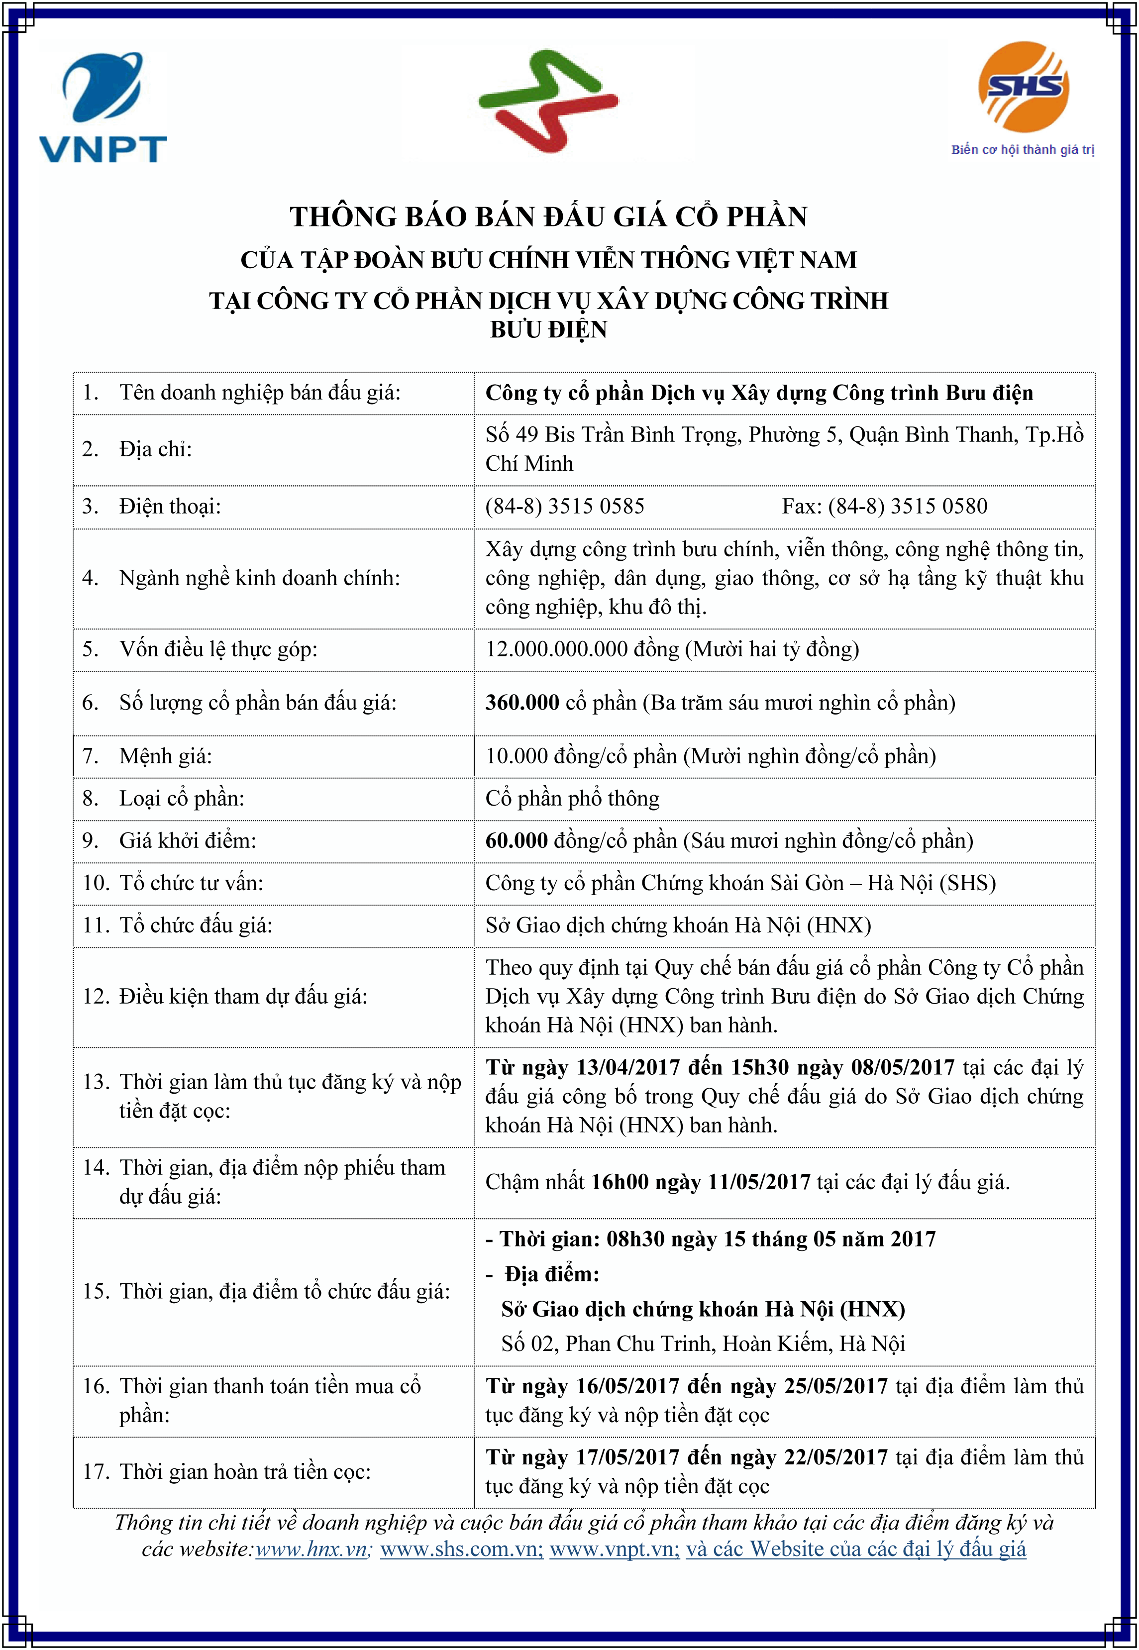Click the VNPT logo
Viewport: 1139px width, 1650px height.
(x=103, y=107)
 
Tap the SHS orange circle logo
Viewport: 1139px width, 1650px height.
(x=1024, y=87)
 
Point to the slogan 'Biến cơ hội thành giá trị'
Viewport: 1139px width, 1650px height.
(x=1022, y=150)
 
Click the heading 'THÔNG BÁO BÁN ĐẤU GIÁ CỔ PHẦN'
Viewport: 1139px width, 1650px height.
(x=548, y=217)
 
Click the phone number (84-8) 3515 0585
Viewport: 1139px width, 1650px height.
(x=564, y=507)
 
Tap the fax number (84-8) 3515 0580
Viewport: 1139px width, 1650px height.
(x=908, y=507)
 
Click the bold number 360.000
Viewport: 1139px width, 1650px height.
(x=521, y=703)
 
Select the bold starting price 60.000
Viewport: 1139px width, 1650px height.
(x=516, y=841)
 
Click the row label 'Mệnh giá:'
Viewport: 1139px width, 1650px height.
(x=166, y=756)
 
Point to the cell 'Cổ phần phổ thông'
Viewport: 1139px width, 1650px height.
(x=572, y=799)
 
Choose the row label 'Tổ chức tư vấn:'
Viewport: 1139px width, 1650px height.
(x=191, y=884)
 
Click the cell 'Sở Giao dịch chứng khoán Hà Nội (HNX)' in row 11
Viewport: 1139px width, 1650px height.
(x=678, y=926)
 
